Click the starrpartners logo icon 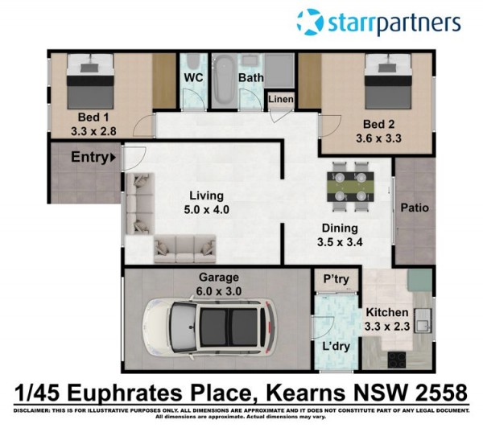[310, 22]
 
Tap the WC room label [193, 77]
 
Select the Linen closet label [281, 99]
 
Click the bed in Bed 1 [90, 81]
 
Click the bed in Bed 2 [389, 81]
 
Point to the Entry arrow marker [113, 158]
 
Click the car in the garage [210, 328]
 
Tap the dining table [350, 187]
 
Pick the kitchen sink [423, 321]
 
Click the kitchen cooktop [397, 360]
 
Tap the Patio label [415, 208]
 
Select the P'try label [336, 279]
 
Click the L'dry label [336, 347]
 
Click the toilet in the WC [193, 63]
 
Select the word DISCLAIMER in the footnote [31, 411]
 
